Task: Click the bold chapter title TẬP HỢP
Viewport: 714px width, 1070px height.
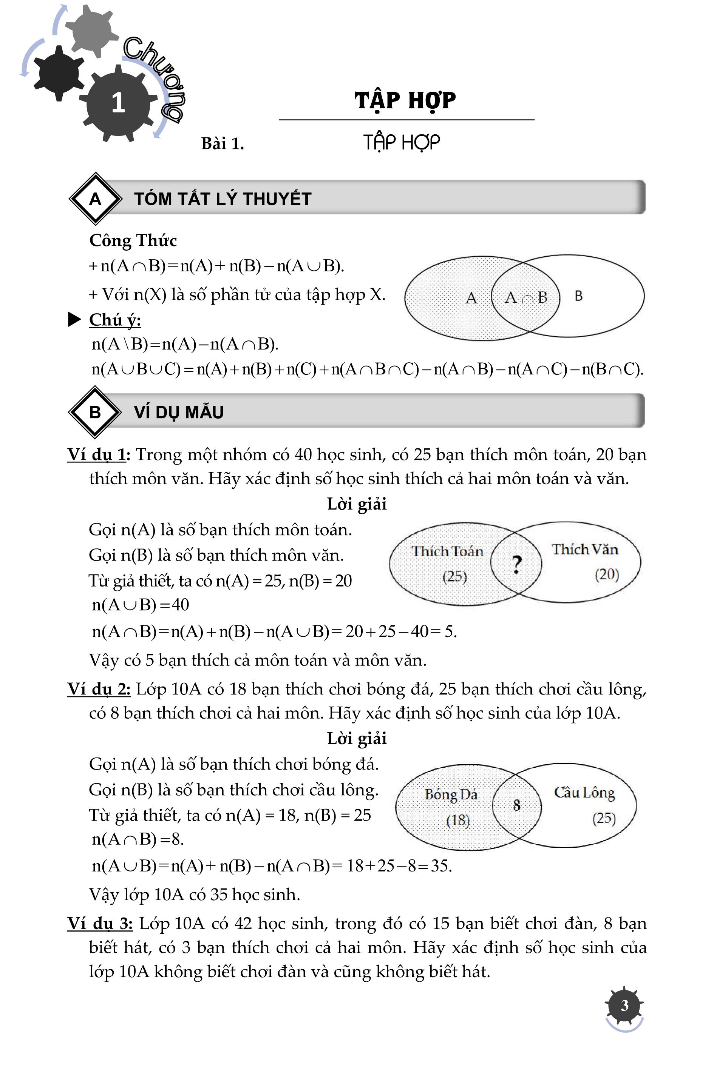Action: pyautogui.click(x=405, y=100)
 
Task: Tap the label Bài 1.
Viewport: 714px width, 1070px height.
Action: pyautogui.click(x=223, y=144)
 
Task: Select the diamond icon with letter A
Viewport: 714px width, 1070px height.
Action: pyautogui.click(x=95, y=199)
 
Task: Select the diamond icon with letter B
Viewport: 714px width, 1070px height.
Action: pyautogui.click(x=95, y=412)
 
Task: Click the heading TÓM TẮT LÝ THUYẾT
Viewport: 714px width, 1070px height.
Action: pyautogui.click(x=223, y=199)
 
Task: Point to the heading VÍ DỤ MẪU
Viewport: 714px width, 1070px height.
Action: pyautogui.click(x=178, y=412)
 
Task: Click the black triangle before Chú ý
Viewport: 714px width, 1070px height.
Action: pyautogui.click(x=74, y=319)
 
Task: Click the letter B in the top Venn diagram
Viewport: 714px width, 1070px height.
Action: pyautogui.click(x=578, y=296)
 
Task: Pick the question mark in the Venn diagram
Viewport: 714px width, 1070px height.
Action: pyautogui.click(x=516, y=565)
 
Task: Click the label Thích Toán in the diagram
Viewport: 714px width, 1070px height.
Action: pyautogui.click(x=447, y=551)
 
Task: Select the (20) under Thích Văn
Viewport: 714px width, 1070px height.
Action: pyautogui.click(x=607, y=574)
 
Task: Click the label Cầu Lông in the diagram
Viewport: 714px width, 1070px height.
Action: pyautogui.click(x=584, y=793)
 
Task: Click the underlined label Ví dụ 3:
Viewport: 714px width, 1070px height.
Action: pyautogui.click(x=100, y=924)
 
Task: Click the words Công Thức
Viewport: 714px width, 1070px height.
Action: pyautogui.click(x=133, y=240)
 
